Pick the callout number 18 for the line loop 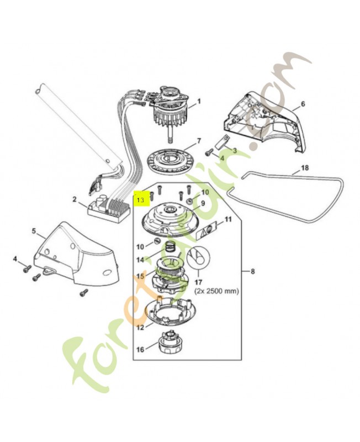click(x=304, y=167)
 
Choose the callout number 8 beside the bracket click(x=252, y=271)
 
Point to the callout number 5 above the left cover click(x=34, y=230)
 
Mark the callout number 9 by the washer click(x=202, y=203)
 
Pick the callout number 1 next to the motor click(x=199, y=101)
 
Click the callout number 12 click(x=140, y=327)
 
